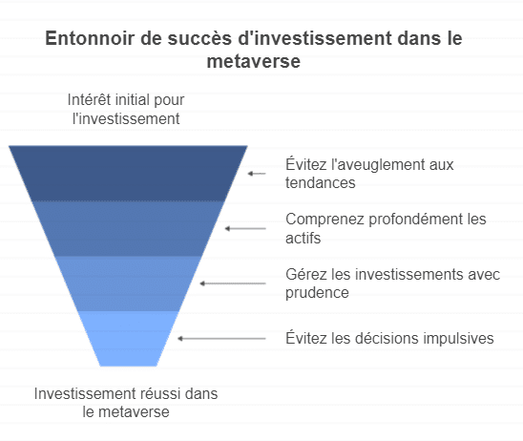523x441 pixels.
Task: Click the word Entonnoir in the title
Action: point(90,38)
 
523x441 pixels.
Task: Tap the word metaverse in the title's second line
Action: point(254,61)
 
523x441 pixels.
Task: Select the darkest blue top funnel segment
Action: point(128,173)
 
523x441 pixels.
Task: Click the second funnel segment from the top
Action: point(128,228)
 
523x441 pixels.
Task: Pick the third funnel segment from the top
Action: point(128,283)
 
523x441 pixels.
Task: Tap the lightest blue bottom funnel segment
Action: point(128,339)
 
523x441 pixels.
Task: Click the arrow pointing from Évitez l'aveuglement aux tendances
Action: point(257,174)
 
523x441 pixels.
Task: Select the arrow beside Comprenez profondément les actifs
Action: point(245,228)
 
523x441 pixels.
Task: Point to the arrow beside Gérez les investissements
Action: point(233,283)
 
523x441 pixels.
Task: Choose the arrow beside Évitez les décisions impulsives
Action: point(221,339)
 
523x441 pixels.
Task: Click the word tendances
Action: point(321,183)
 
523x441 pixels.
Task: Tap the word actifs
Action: point(303,239)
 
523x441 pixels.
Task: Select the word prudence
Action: point(317,293)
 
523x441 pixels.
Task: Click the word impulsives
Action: point(459,338)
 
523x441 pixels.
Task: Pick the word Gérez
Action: point(306,275)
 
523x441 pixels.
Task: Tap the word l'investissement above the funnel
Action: point(126,118)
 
